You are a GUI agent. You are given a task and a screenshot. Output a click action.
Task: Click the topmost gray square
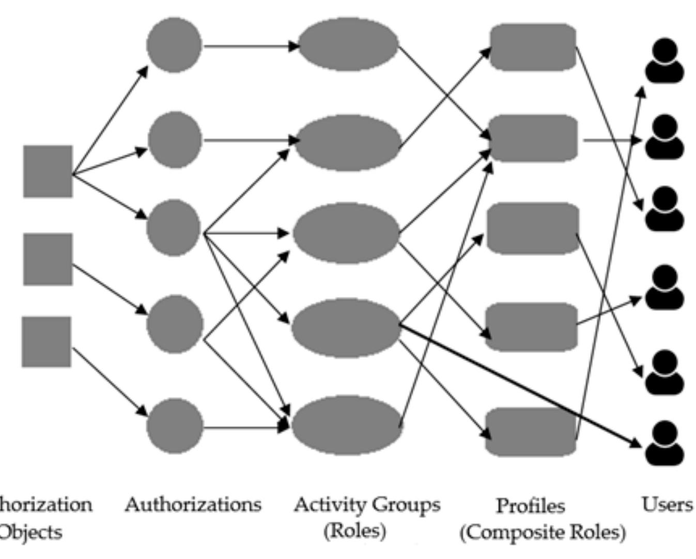coord(48,171)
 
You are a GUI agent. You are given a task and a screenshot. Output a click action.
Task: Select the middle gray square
coord(48,259)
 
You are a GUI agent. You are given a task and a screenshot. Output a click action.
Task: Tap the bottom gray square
coord(47,342)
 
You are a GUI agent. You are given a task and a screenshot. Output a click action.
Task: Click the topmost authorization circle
coord(174,45)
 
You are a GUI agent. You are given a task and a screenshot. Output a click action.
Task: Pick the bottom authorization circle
coord(175,426)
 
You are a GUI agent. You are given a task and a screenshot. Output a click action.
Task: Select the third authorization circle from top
coord(174,228)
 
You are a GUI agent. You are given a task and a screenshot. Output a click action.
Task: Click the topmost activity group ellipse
coord(348,44)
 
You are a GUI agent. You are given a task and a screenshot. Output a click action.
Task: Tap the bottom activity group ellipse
coord(347,425)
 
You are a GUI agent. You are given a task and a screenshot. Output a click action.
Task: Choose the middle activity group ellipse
coord(346,233)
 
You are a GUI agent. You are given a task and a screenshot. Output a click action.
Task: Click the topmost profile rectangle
coord(533,47)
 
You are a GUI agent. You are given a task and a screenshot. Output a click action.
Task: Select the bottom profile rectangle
coord(531,432)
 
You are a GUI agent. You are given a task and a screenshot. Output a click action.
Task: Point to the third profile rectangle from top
coord(533,229)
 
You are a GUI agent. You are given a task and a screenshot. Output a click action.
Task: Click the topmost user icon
coord(664,61)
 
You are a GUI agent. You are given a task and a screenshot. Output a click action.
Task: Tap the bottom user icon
coord(664,443)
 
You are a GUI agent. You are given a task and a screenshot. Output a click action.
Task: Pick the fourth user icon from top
coord(664,287)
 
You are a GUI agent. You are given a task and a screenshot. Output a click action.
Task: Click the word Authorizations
coord(193,504)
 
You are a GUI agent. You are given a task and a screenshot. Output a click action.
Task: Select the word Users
coord(667,504)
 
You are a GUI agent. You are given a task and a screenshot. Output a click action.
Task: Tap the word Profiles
coord(530,506)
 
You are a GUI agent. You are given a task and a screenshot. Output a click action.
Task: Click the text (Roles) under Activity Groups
coord(354,531)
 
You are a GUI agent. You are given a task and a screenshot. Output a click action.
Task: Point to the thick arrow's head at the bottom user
coord(637,443)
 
